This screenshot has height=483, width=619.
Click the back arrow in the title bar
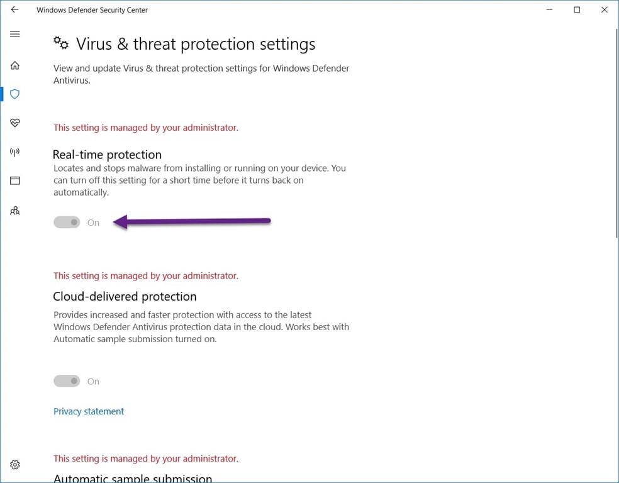[x=14, y=9]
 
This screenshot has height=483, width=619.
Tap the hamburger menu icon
[x=15, y=34]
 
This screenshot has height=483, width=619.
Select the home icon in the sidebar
[x=15, y=65]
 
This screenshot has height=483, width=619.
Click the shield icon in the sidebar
[x=15, y=94]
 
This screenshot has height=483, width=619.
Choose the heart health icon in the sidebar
[x=15, y=123]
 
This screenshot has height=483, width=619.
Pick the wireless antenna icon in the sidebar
[x=15, y=152]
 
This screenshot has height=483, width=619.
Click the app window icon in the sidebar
[x=15, y=180]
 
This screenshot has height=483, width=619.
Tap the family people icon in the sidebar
[x=15, y=211]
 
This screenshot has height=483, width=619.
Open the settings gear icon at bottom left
[x=15, y=465]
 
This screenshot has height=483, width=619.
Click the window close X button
[x=605, y=9]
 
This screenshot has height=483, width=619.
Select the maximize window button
[x=577, y=9]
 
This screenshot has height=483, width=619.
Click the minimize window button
[x=550, y=9]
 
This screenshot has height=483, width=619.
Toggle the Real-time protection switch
[x=67, y=222]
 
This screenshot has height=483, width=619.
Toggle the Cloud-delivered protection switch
[x=67, y=380]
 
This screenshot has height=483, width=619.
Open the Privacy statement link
[x=89, y=411]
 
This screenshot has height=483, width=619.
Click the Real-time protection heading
[x=108, y=154]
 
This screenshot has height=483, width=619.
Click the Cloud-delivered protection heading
[x=125, y=296]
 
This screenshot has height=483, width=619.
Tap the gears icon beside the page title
[x=61, y=43]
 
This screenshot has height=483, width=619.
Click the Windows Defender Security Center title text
[x=92, y=10]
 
